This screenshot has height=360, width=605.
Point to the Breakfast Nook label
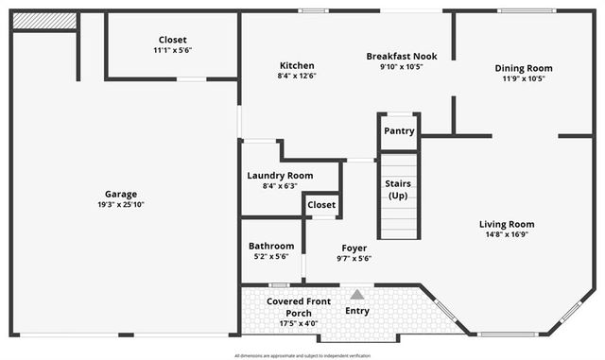(401, 56)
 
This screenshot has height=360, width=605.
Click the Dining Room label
(524, 68)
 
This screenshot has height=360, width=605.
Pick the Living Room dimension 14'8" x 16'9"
(506, 234)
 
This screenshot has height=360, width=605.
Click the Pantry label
(399, 131)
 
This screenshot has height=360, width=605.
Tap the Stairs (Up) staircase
(398, 195)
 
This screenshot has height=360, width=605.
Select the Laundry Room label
(280, 175)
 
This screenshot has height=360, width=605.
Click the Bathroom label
(270, 246)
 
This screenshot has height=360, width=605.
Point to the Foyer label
(354, 248)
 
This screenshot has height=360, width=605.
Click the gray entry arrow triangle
(357, 295)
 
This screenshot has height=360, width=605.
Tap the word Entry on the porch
(357, 311)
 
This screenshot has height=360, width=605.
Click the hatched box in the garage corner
(44, 20)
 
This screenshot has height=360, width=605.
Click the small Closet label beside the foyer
(321, 204)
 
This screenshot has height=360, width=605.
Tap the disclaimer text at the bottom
(302, 355)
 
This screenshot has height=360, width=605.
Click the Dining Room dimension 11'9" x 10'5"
(524, 78)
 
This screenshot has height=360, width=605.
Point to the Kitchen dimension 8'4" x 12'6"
(296, 75)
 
